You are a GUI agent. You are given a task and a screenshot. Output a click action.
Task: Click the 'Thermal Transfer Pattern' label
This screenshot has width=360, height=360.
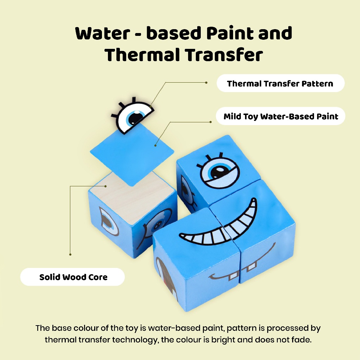pyautogui.click(x=280, y=83)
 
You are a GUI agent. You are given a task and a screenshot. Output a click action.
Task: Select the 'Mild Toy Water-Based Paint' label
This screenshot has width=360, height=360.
pyautogui.click(x=281, y=116)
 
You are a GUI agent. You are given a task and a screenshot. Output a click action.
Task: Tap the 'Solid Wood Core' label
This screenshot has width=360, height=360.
pyautogui.click(x=72, y=277)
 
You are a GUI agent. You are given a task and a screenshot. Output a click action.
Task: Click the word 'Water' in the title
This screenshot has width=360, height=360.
pyautogui.click(x=103, y=33)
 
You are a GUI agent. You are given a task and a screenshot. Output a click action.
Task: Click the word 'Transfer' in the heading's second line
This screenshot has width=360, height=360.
pyautogui.click(x=224, y=55)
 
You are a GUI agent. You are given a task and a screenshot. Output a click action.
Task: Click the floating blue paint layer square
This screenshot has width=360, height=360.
pyautogui.click(x=132, y=154)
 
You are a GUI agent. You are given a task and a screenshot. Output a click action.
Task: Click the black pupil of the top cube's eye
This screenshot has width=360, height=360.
pyautogui.click(x=218, y=171)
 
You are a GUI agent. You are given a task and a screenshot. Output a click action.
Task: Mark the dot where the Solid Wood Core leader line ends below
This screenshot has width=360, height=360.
pyautogui.click(x=70, y=255)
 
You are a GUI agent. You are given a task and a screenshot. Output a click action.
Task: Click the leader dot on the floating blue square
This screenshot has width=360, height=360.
pyautogui.click(x=155, y=145)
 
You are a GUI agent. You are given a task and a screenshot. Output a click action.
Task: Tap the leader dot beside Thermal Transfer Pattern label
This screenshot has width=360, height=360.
pyautogui.click(x=206, y=82)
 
